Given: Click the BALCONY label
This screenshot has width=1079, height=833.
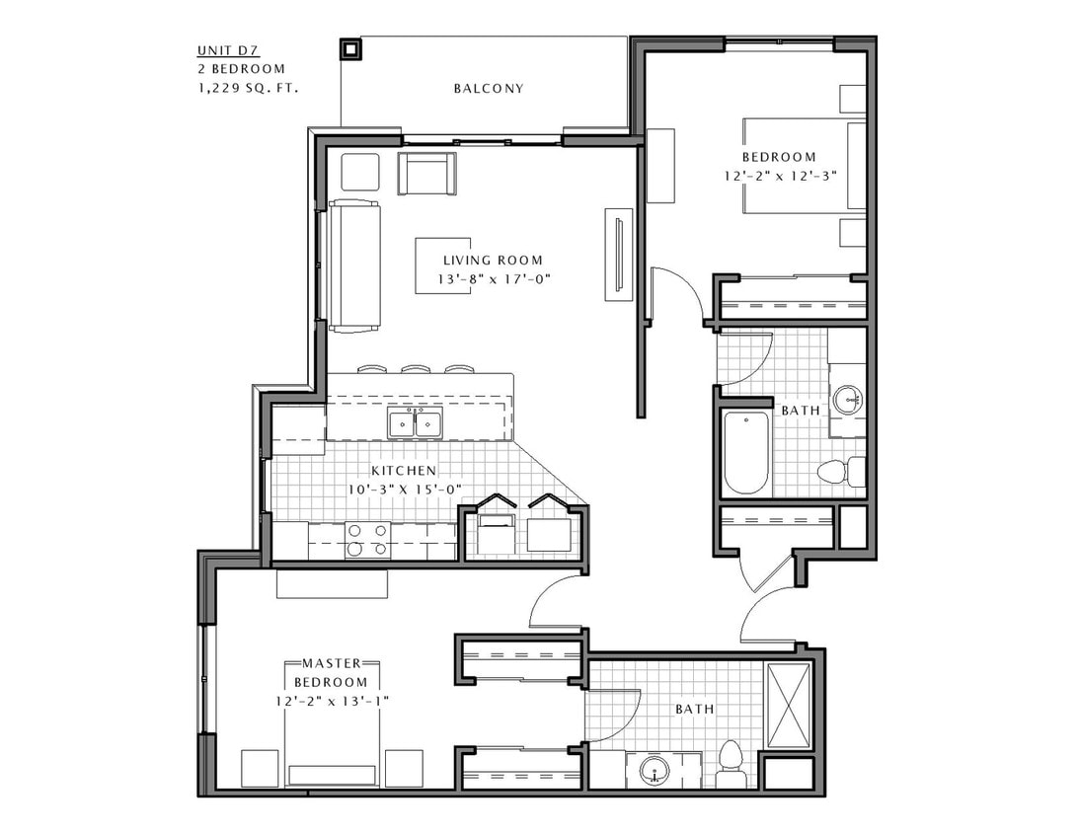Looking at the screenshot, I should [x=488, y=88].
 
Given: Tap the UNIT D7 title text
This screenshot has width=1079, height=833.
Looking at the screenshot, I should [x=225, y=51].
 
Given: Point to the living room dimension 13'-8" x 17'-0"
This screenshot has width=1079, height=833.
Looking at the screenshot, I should [x=493, y=279].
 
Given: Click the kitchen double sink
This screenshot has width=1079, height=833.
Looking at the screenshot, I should [x=415, y=424].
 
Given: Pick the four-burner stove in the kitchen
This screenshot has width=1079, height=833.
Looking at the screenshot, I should [x=367, y=541].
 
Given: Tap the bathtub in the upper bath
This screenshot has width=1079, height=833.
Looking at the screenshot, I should [x=746, y=452].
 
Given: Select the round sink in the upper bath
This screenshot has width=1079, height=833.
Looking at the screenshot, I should [x=847, y=400].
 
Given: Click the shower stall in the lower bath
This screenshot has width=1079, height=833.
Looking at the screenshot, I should [x=788, y=706].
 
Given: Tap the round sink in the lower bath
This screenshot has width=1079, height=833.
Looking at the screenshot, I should [x=655, y=771].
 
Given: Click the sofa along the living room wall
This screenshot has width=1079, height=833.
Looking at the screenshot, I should [x=353, y=265].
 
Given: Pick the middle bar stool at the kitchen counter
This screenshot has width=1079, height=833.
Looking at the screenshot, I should [x=416, y=369].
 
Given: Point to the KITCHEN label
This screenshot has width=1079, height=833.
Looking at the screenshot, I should [x=403, y=471].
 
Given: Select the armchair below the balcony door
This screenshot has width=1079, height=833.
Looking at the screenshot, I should [x=426, y=174].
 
